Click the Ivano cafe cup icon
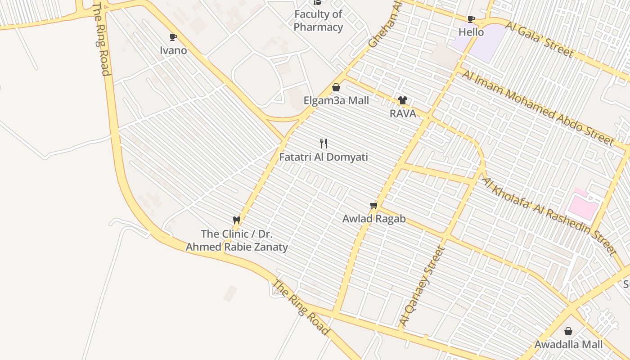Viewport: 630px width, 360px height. point(173,37)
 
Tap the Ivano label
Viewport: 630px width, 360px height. point(173,50)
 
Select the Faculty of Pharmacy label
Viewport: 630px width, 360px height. point(318,21)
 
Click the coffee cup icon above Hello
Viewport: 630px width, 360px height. point(471,19)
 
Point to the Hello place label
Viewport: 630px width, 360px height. point(471,32)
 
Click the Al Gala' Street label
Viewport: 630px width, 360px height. point(539,40)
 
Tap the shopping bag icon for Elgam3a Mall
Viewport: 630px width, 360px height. point(336,87)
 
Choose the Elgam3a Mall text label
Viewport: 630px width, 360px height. point(336,100)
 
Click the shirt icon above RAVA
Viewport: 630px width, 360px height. point(402,100)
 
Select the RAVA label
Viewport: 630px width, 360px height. point(403,114)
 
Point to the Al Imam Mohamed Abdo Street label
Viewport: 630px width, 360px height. point(538,108)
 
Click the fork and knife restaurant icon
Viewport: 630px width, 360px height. point(323,144)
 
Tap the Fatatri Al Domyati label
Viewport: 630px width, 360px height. point(324,157)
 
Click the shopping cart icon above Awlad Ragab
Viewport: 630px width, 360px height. point(373,206)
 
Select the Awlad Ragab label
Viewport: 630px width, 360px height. point(374,219)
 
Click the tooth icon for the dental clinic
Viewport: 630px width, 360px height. point(237,220)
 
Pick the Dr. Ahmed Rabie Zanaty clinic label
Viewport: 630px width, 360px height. point(237,240)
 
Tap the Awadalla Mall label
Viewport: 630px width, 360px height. point(568,345)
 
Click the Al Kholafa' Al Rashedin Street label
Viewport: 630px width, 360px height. point(548,216)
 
